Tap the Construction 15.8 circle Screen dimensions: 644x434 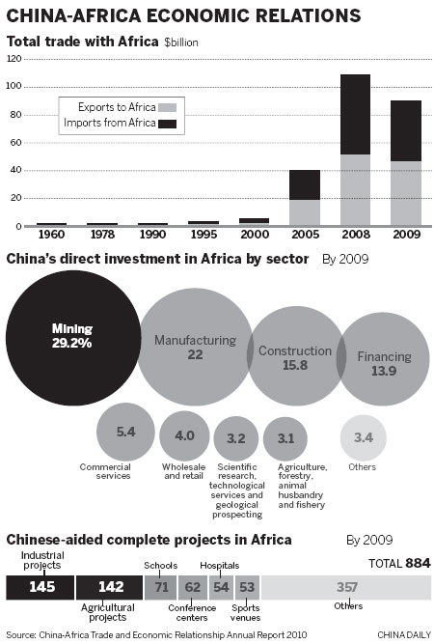[x=295, y=358]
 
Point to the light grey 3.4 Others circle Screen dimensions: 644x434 [x=363, y=438]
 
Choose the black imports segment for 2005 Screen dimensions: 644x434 [x=305, y=184]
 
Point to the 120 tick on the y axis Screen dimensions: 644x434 [x=14, y=59]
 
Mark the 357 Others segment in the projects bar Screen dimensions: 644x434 [x=345, y=586]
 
